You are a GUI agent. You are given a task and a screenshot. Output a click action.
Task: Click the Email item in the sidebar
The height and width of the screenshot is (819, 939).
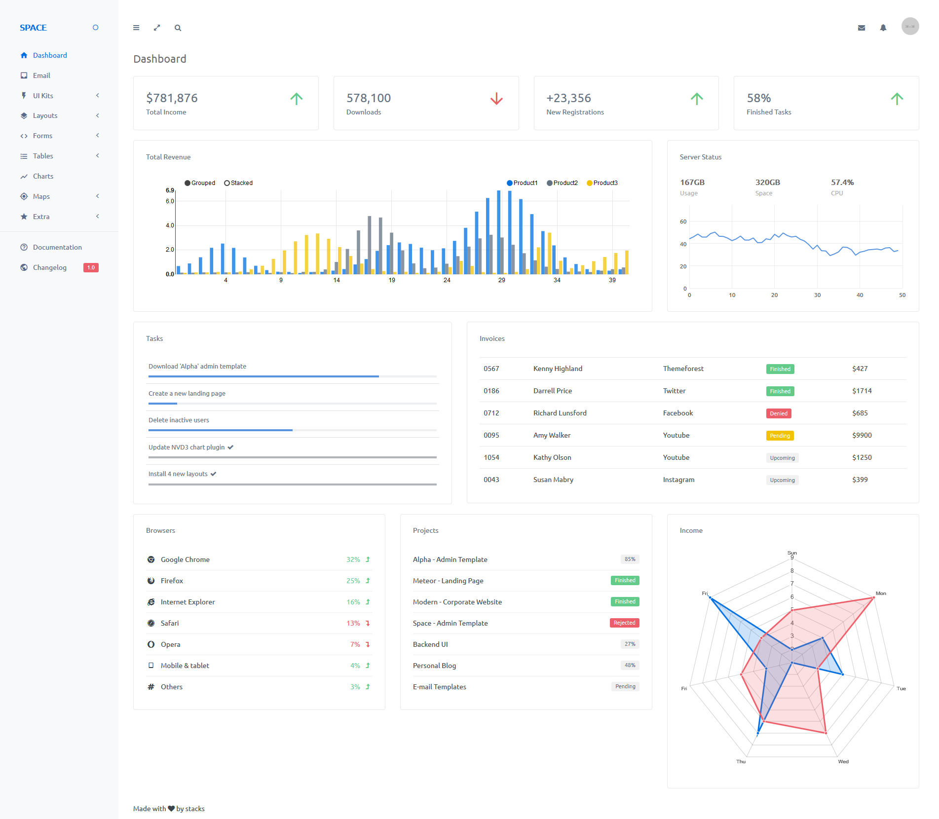pos(41,75)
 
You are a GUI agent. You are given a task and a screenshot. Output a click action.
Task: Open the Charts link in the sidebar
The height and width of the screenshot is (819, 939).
pos(43,176)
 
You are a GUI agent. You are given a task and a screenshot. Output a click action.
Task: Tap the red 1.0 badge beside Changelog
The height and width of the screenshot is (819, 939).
pos(91,267)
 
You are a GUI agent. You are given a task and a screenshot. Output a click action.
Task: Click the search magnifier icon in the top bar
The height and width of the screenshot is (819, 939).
pos(178,28)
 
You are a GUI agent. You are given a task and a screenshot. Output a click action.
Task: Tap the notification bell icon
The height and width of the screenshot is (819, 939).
pos(883,28)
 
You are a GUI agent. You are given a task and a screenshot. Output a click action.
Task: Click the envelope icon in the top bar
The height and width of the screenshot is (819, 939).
pos(862,28)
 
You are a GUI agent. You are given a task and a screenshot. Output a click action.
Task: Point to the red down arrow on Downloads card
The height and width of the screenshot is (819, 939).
pos(496,99)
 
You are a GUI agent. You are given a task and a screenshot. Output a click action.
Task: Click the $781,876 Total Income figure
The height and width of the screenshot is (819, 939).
pos(172,98)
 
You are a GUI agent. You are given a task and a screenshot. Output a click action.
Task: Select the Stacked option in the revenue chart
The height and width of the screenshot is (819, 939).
pos(238,183)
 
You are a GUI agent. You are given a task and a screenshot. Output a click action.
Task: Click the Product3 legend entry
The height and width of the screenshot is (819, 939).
pos(602,183)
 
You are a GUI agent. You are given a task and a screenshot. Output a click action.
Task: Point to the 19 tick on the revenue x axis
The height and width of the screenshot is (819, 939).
pos(392,280)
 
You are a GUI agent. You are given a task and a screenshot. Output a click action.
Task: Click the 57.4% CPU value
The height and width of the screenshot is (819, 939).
pos(842,183)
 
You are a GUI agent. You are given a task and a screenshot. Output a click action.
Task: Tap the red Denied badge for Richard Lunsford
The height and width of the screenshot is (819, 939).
pos(779,413)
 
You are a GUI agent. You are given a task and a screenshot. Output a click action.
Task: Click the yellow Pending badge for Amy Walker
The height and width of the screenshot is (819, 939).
pos(780,436)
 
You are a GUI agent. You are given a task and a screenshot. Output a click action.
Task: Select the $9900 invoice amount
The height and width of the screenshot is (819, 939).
pos(862,435)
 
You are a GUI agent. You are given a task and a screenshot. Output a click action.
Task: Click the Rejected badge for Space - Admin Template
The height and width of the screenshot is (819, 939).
pos(624,623)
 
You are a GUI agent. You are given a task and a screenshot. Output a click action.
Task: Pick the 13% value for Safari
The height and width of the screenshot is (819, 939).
pos(353,623)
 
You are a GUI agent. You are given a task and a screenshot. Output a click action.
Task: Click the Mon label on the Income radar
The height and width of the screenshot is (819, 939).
pos(881,594)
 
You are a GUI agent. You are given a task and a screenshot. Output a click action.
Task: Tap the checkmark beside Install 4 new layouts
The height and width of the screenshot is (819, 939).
pos(214,474)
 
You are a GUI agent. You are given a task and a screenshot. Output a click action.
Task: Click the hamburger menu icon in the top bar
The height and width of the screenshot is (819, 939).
pos(136,28)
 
